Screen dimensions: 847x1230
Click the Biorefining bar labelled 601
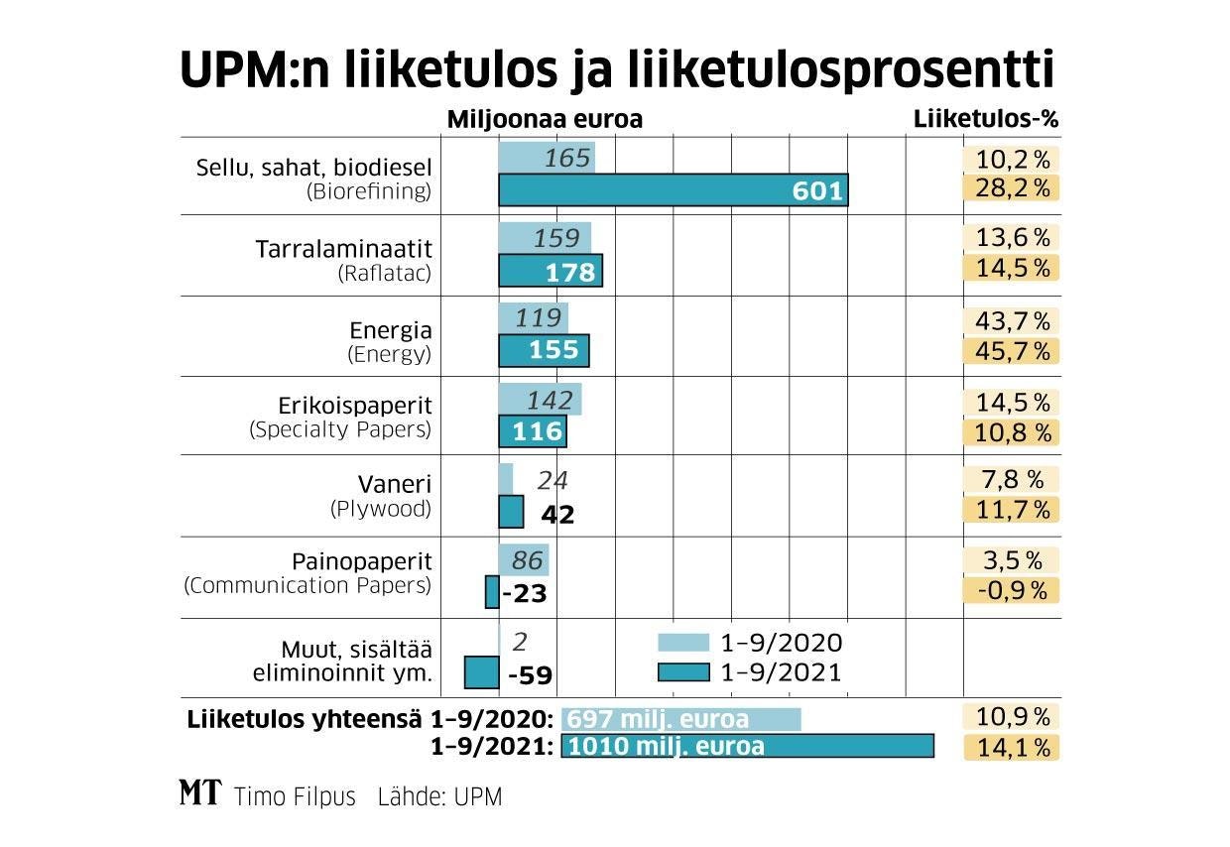tap(673, 189)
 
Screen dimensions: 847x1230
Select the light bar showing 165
tap(547, 158)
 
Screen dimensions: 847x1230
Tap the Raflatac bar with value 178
tap(550, 271)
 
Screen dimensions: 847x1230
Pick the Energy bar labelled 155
tap(544, 350)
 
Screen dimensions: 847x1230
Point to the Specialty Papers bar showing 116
tap(533, 431)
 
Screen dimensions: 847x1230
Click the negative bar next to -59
tap(481, 672)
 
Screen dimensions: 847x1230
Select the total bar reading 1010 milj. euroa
tap(747, 746)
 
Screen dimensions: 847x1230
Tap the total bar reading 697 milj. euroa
tap(680, 719)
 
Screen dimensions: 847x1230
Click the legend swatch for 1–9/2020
tap(684, 642)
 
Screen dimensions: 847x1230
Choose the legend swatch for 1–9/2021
tap(684, 672)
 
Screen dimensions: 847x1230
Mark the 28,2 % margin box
tap(1012, 188)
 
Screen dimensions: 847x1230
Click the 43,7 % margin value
tap(1012, 320)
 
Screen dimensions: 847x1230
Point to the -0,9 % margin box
tap(1012, 590)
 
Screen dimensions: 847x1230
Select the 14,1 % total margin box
tap(1012, 747)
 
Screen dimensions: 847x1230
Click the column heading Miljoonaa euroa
tap(545, 119)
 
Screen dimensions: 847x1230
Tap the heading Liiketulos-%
tap(985, 119)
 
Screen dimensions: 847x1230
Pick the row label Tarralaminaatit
tap(343, 247)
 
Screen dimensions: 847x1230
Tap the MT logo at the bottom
tap(199, 794)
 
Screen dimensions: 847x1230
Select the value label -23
tap(525, 594)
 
